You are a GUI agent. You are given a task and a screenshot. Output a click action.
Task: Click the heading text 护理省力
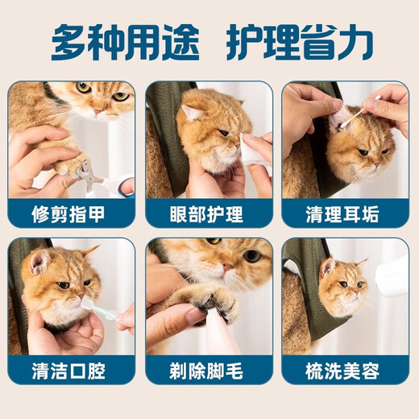(300, 43)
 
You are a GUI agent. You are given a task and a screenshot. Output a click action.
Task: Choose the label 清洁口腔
(72, 371)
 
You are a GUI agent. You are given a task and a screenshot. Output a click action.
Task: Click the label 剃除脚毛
(209, 371)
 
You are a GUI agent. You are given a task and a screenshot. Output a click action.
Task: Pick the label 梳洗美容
(346, 371)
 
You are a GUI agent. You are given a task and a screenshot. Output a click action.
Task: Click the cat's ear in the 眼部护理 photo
(191, 114)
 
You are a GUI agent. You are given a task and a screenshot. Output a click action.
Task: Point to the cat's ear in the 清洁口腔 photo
(36, 259)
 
